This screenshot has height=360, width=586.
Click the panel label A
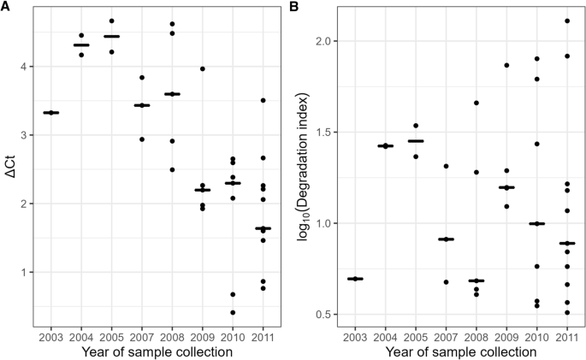click(x=5, y=8)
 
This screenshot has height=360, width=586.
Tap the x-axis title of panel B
click(x=454, y=350)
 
